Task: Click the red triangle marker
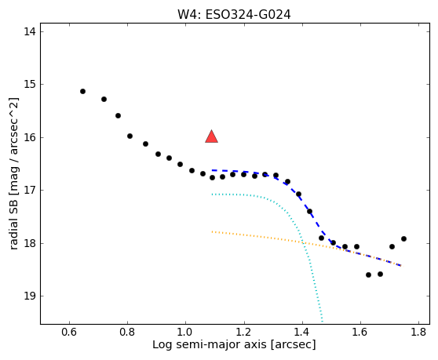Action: pyautogui.click(x=211, y=136)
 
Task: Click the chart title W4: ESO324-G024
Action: pyautogui.click(x=234, y=15)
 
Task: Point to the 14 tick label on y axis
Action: pyautogui.click(x=30, y=31)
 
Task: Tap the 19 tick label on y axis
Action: pyautogui.click(x=30, y=296)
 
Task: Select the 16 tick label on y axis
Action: pyautogui.click(x=30, y=137)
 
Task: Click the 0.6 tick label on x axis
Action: pyautogui.click(x=69, y=332)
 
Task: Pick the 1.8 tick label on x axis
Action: pyautogui.click(x=418, y=332)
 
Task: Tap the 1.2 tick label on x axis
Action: pyautogui.click(x=244, y=332)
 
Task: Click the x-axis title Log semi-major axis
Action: pyautogui.click(x=210, y=345)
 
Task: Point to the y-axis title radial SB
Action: pyautogui.click(x=13, y=225)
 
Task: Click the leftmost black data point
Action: pyautogui.click(x=82, y=91)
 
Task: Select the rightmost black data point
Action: pyautogui.click(x=403, y=239)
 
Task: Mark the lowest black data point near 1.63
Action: pyautogui.click(x=368, y=275)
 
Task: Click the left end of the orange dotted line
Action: pyautogui.click(x=212, y=231)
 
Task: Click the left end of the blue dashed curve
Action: pyautogui.click(x=212, y=170)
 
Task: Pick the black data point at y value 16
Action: pyautogui.click(x=130, y=136)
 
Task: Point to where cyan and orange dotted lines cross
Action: pyautogui.click(x=302, y=242)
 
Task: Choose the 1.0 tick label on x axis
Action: pyautogui.click(x=185, y=332)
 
